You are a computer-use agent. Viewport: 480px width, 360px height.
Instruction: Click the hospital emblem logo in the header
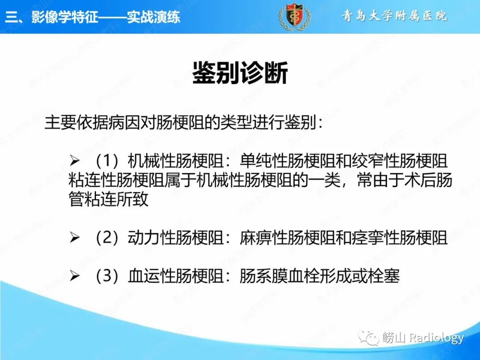point(295,16)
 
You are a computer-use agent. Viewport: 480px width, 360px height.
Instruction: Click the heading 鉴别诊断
point(240,73)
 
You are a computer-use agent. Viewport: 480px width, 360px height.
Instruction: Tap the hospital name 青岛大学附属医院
point(395,15)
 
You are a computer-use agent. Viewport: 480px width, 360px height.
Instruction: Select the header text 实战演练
point(154,16)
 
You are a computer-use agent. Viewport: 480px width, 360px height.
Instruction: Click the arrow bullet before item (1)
point(74,160)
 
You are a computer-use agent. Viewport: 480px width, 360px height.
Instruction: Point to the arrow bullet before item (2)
point(74,237)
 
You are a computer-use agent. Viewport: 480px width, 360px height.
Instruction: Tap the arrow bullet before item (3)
point(74,276)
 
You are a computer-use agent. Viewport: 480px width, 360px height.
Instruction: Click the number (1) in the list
point(107,161)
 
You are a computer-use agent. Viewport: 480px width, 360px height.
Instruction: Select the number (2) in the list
point(107,237)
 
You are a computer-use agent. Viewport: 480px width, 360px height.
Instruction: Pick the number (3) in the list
point(107,276)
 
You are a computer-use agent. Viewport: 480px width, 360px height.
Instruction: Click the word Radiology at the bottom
point(436,338)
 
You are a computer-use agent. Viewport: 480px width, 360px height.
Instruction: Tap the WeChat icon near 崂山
point(369,338)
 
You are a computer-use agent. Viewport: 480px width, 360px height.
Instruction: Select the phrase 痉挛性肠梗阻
point(400,237)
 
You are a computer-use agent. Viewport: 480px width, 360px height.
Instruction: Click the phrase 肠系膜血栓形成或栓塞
point(319,276)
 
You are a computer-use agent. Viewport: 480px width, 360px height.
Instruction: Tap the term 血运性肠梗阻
point(176,276)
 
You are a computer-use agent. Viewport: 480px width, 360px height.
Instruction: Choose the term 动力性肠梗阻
point(176,237)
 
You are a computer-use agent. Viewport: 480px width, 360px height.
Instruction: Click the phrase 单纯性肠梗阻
point(287,161)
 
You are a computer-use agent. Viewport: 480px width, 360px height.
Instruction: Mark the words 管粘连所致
point(108,199)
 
